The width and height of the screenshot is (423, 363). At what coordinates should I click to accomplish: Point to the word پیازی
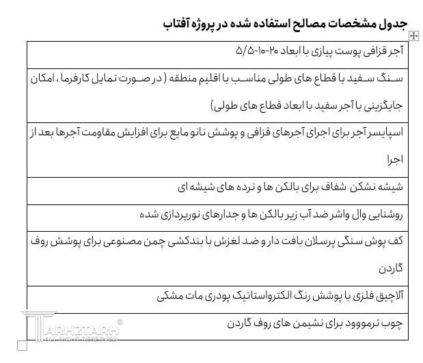(338, 51)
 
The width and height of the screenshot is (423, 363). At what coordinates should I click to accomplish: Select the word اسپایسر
(385, 132)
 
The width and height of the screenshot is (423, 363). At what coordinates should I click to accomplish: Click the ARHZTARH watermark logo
(72, 331)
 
